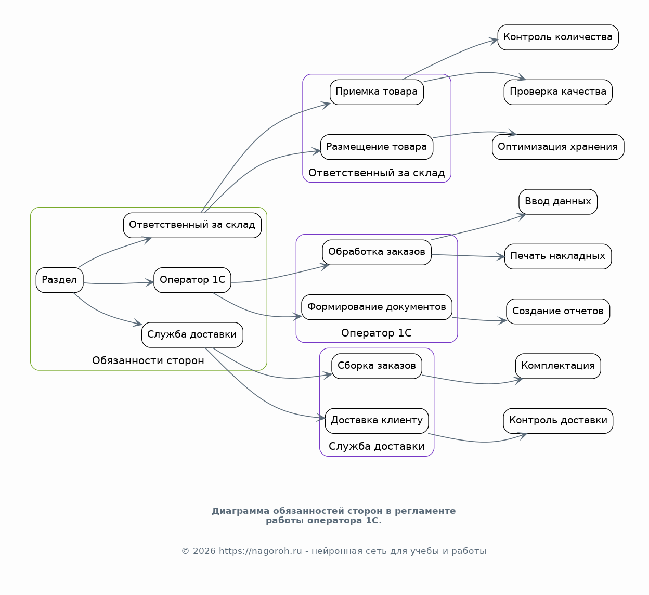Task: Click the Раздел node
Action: (59, 280)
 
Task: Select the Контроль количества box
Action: (558, 37)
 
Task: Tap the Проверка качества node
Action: (558, 92)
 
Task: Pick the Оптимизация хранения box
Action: (558, 147)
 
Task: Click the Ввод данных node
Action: (558, 202)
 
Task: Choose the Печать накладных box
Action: (558, 256)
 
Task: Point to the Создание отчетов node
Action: (558, 311)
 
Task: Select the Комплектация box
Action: (558, 366)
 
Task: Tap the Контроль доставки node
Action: (558, 421)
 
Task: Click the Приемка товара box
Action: (377, 92)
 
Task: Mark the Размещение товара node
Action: (377, 147)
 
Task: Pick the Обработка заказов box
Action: (377, 252)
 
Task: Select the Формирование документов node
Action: (377, 307)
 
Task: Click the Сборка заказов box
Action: (377, 366)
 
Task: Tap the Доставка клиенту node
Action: (377, 421)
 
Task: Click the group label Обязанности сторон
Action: (148, 360)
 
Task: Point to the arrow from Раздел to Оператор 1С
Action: (119, 283)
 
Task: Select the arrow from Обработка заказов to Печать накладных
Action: (468, 256)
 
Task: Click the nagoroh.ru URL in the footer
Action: (260, 551)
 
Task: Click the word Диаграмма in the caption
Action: (241, 511)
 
